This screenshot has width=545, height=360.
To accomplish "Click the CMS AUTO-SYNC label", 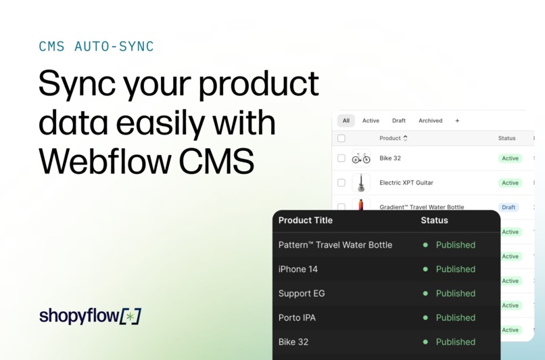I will coord(96,47).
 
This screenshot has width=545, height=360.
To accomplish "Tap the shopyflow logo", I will coord(90,315).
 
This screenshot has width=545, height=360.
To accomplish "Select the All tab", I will coord(346,120).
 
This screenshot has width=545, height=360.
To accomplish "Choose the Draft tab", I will coord(399,120).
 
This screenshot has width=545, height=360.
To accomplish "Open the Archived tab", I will coord(430,120).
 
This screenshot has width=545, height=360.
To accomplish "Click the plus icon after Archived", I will coord(457,120).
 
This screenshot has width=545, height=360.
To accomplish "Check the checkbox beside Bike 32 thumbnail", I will coord(341,158).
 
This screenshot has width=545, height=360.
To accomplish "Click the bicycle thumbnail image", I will coord(361,158).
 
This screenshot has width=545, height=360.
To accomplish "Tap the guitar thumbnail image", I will coord(361,183).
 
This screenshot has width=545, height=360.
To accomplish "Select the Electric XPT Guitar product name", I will coord(406,183).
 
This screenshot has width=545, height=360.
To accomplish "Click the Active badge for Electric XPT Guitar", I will coord(510,183).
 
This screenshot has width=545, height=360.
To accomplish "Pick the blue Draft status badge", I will coord(508,207).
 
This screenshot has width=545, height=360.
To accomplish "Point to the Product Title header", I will coord(305,220).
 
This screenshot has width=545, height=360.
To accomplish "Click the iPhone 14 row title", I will coord(298,269).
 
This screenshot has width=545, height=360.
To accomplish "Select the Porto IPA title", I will coord(297,317).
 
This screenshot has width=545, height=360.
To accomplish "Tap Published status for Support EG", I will coord(455,294).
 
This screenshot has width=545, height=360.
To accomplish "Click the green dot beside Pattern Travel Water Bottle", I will coord(425,245).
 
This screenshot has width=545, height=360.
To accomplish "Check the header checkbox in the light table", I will coord(341,138).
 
